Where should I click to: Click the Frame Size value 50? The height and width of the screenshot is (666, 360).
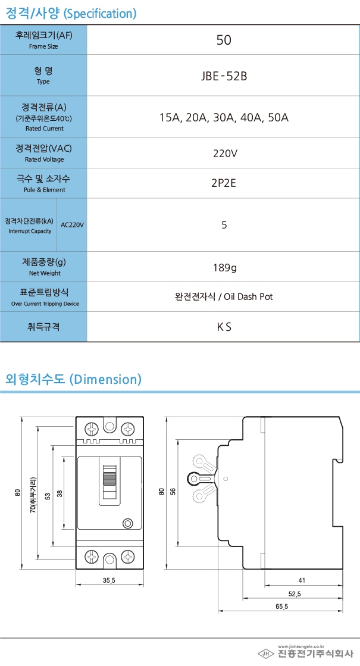pos(224,40)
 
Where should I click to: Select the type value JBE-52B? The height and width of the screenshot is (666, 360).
pos(224,76)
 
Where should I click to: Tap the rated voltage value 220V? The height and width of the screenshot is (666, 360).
pos(225,153)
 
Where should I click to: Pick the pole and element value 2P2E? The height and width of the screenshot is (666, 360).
pos(223,183)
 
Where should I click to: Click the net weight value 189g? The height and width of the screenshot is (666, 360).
pos(225,268)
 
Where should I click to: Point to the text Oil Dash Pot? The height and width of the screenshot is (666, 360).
pos(248,296)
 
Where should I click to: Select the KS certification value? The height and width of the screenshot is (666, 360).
pos(224,327)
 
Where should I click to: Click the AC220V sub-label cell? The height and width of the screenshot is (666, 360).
pos(72,225)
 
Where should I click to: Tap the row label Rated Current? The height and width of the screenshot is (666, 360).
pos(45,129)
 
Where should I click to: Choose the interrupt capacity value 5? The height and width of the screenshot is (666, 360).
pos(224,225)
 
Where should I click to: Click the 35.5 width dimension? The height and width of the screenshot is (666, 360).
pos(109,580)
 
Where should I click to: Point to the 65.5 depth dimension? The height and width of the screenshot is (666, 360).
pos(281,606)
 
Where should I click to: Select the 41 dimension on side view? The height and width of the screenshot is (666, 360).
pos(302,580)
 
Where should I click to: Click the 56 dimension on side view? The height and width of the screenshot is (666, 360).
pos(173,492)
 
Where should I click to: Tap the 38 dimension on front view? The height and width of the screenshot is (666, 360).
pos(60,493)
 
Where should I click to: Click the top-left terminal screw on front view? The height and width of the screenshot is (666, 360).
pos(92,429)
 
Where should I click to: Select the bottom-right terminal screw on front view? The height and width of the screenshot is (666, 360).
pos(128,557)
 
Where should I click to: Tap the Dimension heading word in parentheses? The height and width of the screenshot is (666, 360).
pos(105,379)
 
